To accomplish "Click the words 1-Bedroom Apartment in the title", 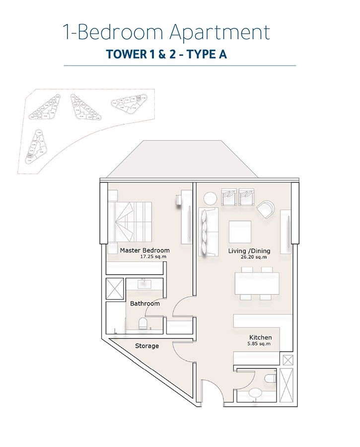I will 166,33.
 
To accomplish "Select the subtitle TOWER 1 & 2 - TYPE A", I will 166,54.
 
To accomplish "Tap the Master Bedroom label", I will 144,250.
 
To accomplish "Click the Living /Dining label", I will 247,251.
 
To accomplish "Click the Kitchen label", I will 260,337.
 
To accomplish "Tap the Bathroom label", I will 144,303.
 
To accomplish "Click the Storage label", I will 147,346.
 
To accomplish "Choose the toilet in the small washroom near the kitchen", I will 271,378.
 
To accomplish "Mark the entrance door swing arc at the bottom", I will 212,390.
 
